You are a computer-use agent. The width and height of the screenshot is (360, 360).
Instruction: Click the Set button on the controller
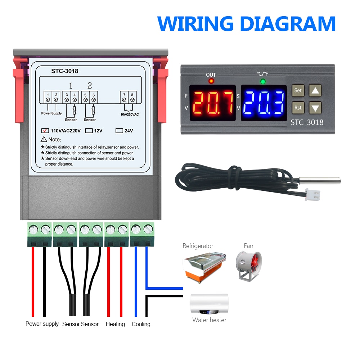pyautogui.click(x=298, y=91)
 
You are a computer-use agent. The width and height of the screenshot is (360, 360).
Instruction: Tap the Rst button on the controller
pyautogui.click(x=298, y=107)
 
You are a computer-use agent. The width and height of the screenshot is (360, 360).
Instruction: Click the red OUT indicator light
pyautogui.click(x=211, y=81)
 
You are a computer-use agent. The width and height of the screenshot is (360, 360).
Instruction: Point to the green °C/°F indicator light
pyautogui.click(x=263, y=81)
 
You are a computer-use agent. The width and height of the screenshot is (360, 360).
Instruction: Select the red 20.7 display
pyautogui.click(x=212, y=103)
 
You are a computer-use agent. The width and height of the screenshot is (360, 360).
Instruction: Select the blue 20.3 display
pyautogui.click(x=264, y=103)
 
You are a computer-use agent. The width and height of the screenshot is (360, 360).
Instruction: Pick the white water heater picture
pyautogui.click(x=209, y=304)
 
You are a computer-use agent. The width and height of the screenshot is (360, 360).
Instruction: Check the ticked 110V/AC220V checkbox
pyautogui.click(x=45, y=131)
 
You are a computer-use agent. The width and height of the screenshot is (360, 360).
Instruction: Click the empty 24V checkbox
pyautogui.click(x=119, y=131)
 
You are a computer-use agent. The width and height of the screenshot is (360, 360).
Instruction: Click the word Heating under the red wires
pyautogui.click(x=115, y=324)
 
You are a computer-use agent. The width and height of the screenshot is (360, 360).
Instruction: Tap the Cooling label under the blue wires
pyautogui.click(x=141, y=324)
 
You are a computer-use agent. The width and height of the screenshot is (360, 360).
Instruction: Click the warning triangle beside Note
pyautogui.click(x=44, y=139)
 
